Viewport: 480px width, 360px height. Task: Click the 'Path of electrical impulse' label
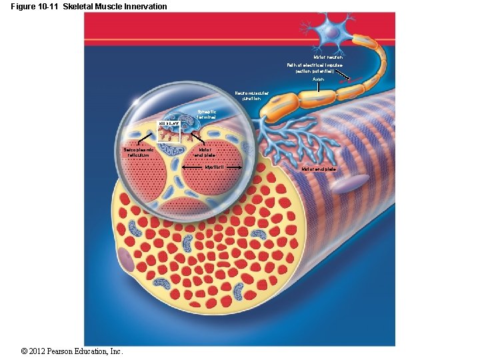pyautogui.click(x=315, y=68)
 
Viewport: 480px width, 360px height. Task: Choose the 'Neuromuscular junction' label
pyautogui.click(x=251, y=95)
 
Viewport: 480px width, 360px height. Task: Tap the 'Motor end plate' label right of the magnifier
pyautogui.click(x=319, y=169)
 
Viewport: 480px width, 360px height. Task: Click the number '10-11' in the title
pyautogui.click(x=53, y=7)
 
